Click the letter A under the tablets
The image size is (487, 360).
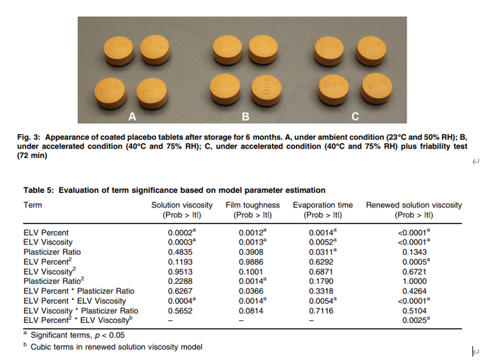pos(132,117)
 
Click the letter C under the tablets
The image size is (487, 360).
pos(355,117)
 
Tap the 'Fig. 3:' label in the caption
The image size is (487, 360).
pos(30,137)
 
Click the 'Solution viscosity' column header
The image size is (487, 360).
pos(182,206)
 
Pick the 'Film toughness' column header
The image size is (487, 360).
pos(253,206)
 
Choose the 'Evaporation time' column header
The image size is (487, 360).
pos(323,206)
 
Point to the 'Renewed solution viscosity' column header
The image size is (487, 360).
pos(414,206)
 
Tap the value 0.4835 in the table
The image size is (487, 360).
pos(180,253)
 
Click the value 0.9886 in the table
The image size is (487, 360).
pos(252,263)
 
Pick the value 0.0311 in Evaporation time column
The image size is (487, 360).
pos(322,253)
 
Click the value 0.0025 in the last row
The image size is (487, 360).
pos(413,320)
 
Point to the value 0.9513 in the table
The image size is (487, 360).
pos(180,272)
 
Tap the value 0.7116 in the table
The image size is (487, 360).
pos(322,310)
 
